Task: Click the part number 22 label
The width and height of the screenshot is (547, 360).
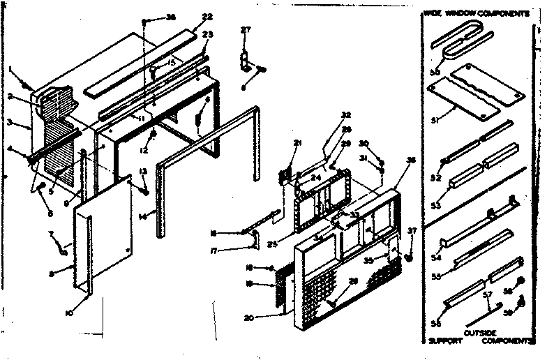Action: pos(188,17)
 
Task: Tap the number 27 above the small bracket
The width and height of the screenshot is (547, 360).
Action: pos(245,29)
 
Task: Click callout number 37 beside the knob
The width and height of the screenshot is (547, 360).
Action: pos(412,232)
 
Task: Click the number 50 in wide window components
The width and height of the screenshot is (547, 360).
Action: pos(435,72)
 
